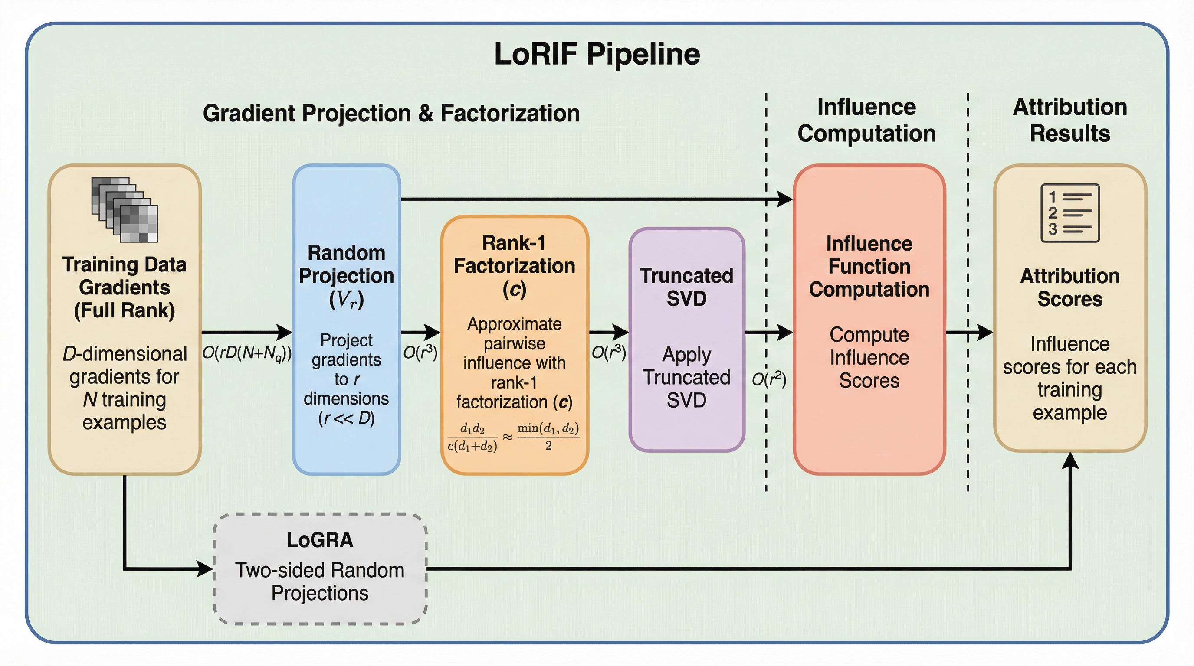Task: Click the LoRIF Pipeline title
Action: point(597,54)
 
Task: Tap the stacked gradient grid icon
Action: point(125,210)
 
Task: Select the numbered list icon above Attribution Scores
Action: point(1070,212)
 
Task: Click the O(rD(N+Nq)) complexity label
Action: point(246,353)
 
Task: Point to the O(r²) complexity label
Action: point(769,379)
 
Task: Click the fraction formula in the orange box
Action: point(514,437)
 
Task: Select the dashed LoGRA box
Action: point(320,569)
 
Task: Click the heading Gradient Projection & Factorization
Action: point(391,114)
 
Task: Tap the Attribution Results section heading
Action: point(1070,120)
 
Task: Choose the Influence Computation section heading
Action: point(866,120)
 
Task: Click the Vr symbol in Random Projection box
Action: point(346,300)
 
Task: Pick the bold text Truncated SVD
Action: point(686,287)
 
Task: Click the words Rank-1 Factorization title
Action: point(514,255)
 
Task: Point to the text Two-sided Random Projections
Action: point(320,582)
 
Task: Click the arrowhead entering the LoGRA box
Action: point(204,568)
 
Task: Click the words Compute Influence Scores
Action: point(869,357)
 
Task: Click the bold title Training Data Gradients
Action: point(124,287)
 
